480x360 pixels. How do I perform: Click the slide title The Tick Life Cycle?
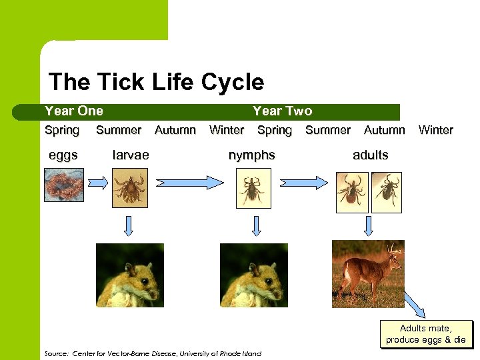(x=156, y=82)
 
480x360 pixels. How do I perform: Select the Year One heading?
(x=73, y=111)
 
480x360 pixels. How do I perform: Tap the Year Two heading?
(x=282, y=111)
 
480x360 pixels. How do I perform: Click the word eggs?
(x=63, y=155)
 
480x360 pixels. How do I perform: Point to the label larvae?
(x=131, y=155)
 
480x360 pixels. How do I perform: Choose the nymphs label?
(x=251, y=155)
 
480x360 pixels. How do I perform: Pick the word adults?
(x=370, y=155)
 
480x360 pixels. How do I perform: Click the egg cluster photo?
(x=64, y=185)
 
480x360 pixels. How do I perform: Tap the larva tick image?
(x=129, y=188)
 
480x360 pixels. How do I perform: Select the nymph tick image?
(x=253, y=188)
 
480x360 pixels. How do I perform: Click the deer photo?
(x=368, y=273)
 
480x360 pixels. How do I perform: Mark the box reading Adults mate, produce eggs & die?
(x=425, y=334)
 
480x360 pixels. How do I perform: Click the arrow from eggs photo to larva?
(x=98, y=183)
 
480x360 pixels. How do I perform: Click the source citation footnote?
(x=152, y=353)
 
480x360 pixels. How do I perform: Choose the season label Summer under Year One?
(x=119, y=131)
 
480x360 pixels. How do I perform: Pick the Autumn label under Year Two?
(x=384, y=131)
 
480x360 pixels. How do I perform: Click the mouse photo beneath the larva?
(x=129, y=275)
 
